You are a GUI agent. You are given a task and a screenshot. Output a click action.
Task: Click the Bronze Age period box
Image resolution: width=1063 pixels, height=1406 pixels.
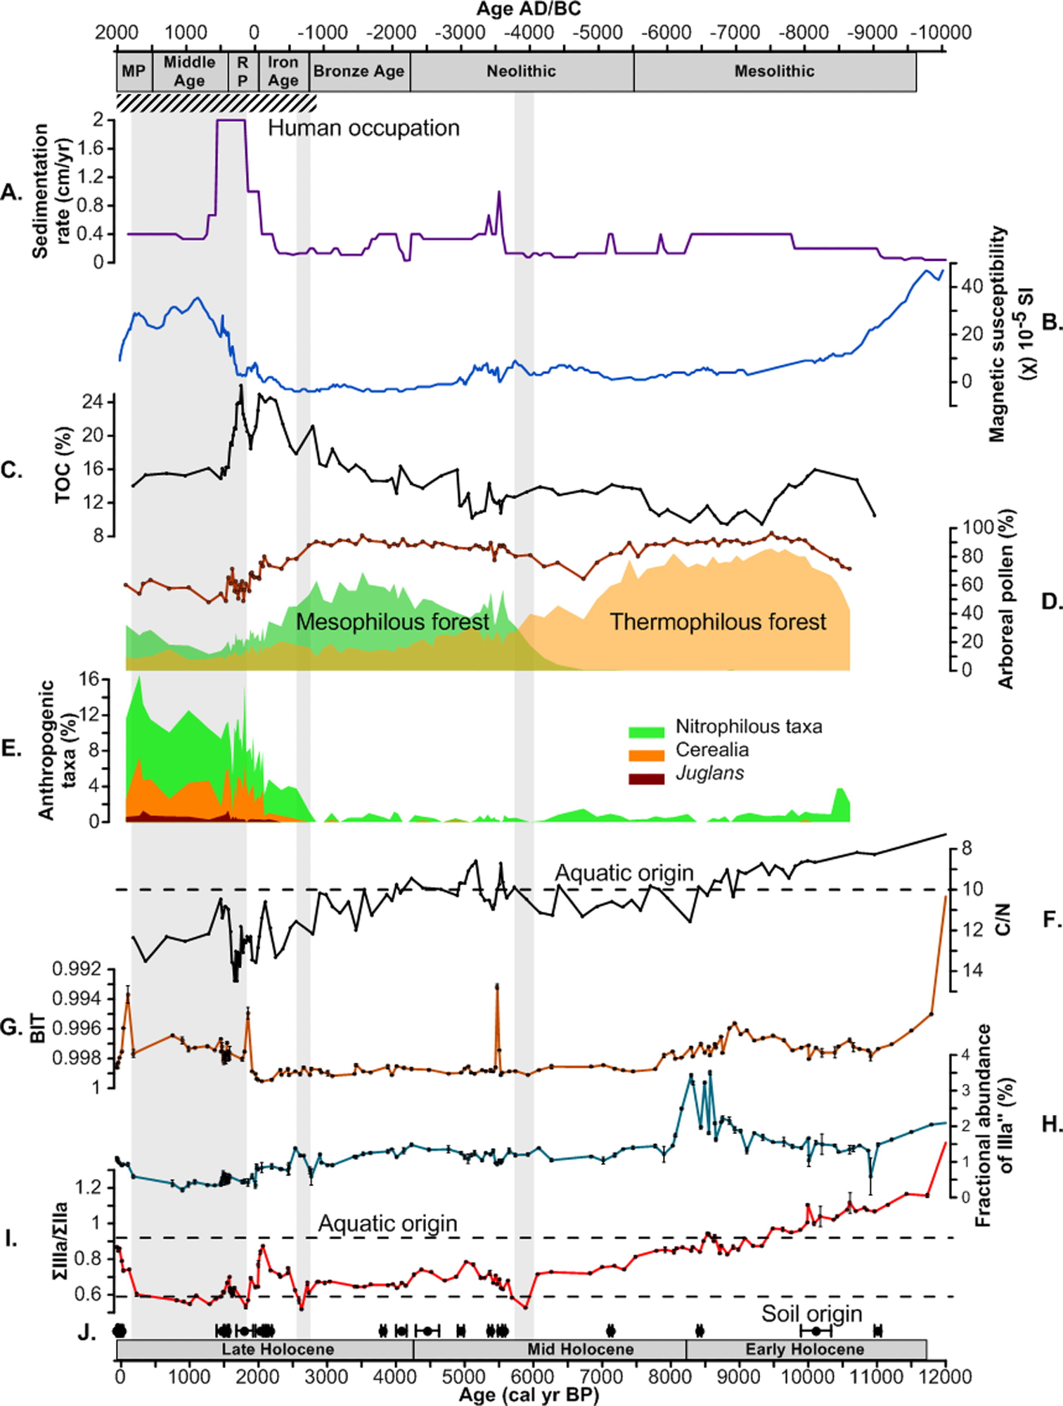click(x=359, y=71)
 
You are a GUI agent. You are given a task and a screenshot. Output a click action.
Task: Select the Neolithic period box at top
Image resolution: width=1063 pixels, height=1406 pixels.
click(x=522, y=71)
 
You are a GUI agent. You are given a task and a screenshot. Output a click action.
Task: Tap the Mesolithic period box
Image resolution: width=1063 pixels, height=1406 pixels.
click(x=775, y=71)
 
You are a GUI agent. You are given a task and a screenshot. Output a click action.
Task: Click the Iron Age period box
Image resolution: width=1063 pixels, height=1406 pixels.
click(x=283, y=71)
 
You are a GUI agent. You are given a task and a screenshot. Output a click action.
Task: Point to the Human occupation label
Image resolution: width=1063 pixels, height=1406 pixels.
click(x=363, y=128)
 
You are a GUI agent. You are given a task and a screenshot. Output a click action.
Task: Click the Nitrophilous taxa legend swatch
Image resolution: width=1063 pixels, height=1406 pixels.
click(x=646, y=732)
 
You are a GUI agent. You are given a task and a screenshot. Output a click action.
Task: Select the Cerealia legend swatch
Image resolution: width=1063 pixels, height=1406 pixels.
click(x=646, y=755)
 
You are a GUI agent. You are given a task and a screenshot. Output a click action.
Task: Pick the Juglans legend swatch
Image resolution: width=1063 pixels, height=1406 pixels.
click(x=646, y=778)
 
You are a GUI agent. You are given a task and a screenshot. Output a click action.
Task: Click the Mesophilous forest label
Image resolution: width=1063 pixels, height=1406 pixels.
click(x=392, y=621)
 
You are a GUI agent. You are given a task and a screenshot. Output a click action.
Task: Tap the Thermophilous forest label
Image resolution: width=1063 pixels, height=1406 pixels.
click(x=718, y=621)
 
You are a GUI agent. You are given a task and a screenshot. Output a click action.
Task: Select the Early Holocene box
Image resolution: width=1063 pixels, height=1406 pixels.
click(x=805, y=1349)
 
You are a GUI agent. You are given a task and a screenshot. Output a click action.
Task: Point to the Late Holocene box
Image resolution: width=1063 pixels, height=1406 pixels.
click(x=278, y=1349)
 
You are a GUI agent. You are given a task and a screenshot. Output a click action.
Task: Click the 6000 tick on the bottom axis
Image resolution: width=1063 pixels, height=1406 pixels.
click(x=533, y=1375)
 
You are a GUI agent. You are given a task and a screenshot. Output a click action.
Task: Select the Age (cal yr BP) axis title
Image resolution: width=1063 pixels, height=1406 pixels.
click(x=529, y=1395)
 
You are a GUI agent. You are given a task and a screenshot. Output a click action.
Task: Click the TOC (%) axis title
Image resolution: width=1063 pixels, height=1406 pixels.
click(x=64, y=465)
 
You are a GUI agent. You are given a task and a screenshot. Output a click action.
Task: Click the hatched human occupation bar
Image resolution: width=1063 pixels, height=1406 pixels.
click(x=217, y=103)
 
